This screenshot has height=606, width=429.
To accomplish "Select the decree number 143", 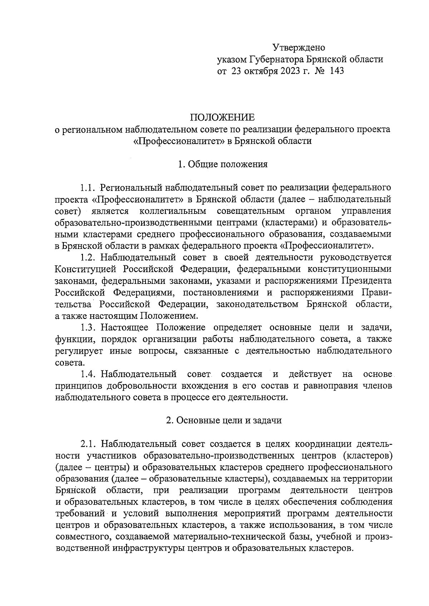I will point(337,71).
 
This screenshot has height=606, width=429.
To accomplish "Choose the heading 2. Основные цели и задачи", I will point(224,420).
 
